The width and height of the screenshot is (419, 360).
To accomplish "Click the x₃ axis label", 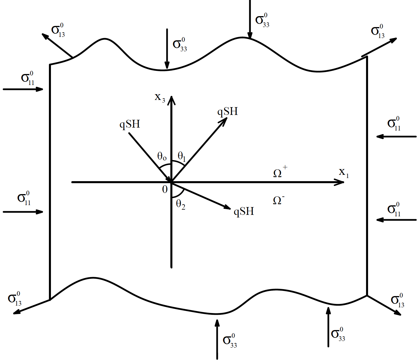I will pyautogui.click(x=160, y=98).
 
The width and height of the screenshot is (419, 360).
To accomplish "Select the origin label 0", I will pyautogui.click(x=165, y=190).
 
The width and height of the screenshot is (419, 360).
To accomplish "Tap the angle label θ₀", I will pyautogui.click(x=162, y=157).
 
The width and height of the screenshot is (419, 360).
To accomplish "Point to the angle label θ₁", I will pyautogui.click(x=182, y=156).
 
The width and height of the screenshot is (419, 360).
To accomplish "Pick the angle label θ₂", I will pyautogui.click(x=180, y=204).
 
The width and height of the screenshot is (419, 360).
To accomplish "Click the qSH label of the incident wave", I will pyautogui.click(x=130, y=124).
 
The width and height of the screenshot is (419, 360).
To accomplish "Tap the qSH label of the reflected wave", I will pyautogui.click(x=228, y=111).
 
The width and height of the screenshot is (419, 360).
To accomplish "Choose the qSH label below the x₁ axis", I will pyautogui.click(x=244, y=211).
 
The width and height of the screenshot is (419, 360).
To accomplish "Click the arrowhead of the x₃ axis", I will pyautogui.click(x=172, y=99).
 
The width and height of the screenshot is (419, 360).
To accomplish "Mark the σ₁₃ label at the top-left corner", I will pyautogui.click(x=58, y=31).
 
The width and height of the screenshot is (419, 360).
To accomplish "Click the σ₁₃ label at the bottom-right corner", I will pyautogui.click(x=397, y=301).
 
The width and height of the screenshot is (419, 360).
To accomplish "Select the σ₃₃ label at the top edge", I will pyautogui.click(x=262, y=20).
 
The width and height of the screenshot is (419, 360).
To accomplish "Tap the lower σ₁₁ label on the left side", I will pyautogui.click(x=24, y=198).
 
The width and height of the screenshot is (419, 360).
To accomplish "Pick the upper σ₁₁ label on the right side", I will pyautogui.click(x=394, y=124).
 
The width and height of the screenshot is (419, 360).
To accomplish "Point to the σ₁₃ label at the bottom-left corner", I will pyautogui.click(x=15, y=299).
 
